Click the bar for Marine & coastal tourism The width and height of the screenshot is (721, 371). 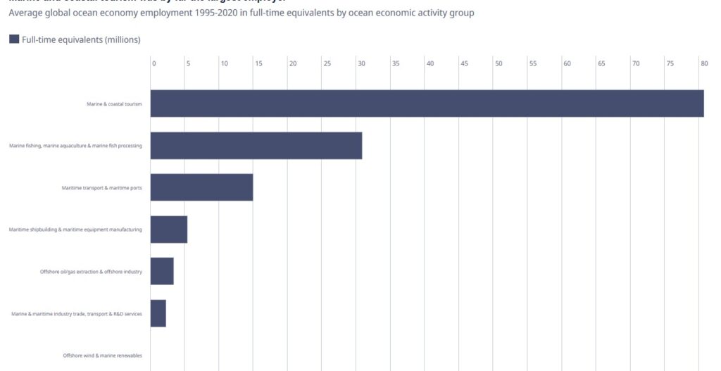(x=427, y=103)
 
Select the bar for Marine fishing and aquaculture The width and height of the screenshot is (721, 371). (x=256, y=146)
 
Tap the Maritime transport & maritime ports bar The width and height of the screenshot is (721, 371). (x=201, y=187)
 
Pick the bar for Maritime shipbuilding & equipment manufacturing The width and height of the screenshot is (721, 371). (x=168, y=229)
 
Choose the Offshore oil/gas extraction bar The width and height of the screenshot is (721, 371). (x=162, y=271)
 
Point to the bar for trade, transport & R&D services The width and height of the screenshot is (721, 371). (x=158, y=313)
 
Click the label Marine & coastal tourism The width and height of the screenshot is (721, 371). (x=114, y=104)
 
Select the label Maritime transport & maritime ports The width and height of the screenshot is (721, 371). (x=101, y=188)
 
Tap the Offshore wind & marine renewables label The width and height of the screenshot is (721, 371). (x=102, y=356)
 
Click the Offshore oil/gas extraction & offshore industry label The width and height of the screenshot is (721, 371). (x=91, y=272)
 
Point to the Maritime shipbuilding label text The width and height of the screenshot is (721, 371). (x=75, y=229)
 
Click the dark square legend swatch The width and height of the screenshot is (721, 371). (x=14, y=39)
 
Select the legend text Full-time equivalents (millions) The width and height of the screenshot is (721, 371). (x=81, y=39)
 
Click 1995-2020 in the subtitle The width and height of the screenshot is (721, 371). (x=195, y=13)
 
